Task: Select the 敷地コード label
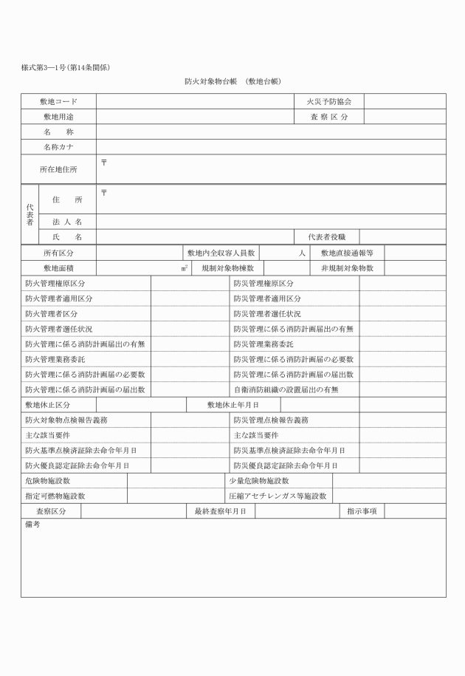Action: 58,101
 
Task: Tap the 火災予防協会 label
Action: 328,101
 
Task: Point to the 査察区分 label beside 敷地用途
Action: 328,117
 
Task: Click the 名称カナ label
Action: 58,146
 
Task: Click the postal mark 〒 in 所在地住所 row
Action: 103,160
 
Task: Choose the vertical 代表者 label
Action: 30,214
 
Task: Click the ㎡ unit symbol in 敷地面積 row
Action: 184,267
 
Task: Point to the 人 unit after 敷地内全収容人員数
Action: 302,253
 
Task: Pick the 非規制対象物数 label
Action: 347,267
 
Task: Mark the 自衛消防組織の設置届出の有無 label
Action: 286,389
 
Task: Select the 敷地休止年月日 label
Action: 232,405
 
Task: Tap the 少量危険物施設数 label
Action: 258,481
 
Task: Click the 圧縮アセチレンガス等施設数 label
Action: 277,496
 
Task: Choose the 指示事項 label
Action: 362,511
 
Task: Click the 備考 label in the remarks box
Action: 32,525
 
